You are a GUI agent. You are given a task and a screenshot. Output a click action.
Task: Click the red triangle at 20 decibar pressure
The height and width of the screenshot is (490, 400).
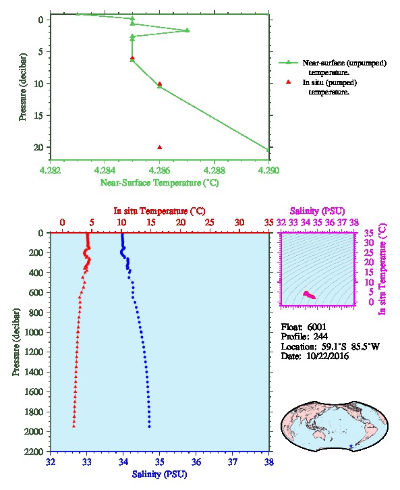[x=160, y=148]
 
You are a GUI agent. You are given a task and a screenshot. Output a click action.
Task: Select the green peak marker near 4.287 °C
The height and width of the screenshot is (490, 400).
[x=188, y=30]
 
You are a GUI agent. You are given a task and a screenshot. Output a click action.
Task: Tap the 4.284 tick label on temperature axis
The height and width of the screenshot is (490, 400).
[x=105, y=170]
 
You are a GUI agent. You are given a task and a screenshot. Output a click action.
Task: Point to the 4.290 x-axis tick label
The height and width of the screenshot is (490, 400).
[x=269, y=170]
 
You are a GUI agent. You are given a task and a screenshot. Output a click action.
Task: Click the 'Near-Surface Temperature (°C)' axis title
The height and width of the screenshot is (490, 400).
[x=159, y=182]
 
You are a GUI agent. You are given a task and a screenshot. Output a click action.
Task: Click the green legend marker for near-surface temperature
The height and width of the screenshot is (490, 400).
[x=288, y=63]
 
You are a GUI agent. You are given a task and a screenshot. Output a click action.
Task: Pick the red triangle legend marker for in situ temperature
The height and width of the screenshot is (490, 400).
[x=288, y=82]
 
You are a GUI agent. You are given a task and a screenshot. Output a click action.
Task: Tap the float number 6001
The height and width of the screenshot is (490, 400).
[x=316, y=327]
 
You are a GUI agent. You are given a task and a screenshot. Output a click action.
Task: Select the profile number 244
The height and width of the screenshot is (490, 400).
[x=320, y=337]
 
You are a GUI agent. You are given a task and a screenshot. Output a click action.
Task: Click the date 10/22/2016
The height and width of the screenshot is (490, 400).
[x=327, y=356]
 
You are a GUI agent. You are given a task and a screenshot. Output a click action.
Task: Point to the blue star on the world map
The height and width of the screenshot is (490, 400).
[x=351, y=446]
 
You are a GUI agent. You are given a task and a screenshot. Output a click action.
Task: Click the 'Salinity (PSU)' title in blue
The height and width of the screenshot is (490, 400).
[x=159, y=474]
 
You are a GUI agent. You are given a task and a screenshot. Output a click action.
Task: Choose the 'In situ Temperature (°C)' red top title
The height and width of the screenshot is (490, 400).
[x=159, y=211]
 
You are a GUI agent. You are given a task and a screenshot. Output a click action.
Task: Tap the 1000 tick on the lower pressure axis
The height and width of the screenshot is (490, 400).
[x=34, y=332]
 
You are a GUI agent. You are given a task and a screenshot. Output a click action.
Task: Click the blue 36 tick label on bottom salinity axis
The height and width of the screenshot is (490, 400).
[x=196, y=462]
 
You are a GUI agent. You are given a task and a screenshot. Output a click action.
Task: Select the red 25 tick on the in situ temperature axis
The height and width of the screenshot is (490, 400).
[x=210, y=223]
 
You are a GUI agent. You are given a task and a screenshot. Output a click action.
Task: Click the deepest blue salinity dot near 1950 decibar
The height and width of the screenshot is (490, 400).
[x=149, y=427]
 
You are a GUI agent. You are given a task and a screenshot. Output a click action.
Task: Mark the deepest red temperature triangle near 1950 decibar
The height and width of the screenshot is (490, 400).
[x=74, y=426]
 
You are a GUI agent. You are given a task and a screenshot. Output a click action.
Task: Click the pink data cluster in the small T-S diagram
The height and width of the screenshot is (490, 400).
[x=309, y=295]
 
